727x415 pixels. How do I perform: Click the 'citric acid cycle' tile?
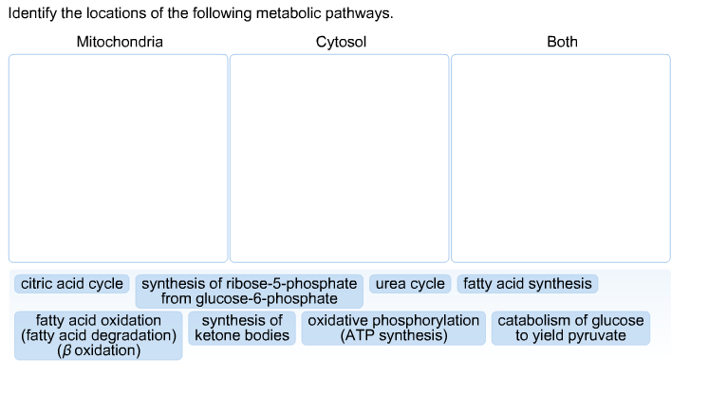tap(72, 284)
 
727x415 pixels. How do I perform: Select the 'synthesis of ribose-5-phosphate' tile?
tap(250, 291)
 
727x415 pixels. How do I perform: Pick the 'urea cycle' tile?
tap(410, 284)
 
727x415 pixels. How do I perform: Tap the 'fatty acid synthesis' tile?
tap(528, 284)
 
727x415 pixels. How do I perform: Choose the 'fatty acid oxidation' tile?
tap(99, 335)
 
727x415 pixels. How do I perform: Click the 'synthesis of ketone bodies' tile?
tap(242, 328)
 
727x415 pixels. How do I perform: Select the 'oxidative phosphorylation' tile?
tap(394, 328)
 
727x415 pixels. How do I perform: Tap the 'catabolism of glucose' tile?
tap(570, 328)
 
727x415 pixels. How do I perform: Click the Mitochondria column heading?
tap(120, 42)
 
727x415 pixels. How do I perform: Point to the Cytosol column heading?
tap(341, 42)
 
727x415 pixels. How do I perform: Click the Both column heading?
tap(562, 42)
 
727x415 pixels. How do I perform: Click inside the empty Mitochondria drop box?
tap(119, 158)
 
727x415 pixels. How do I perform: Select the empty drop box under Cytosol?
tap(340, 158)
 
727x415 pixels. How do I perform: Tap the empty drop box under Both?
tap(561, 158)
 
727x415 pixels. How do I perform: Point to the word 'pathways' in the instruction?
tap(361, 14)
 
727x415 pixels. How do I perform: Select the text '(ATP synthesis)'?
tap(394, 335)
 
